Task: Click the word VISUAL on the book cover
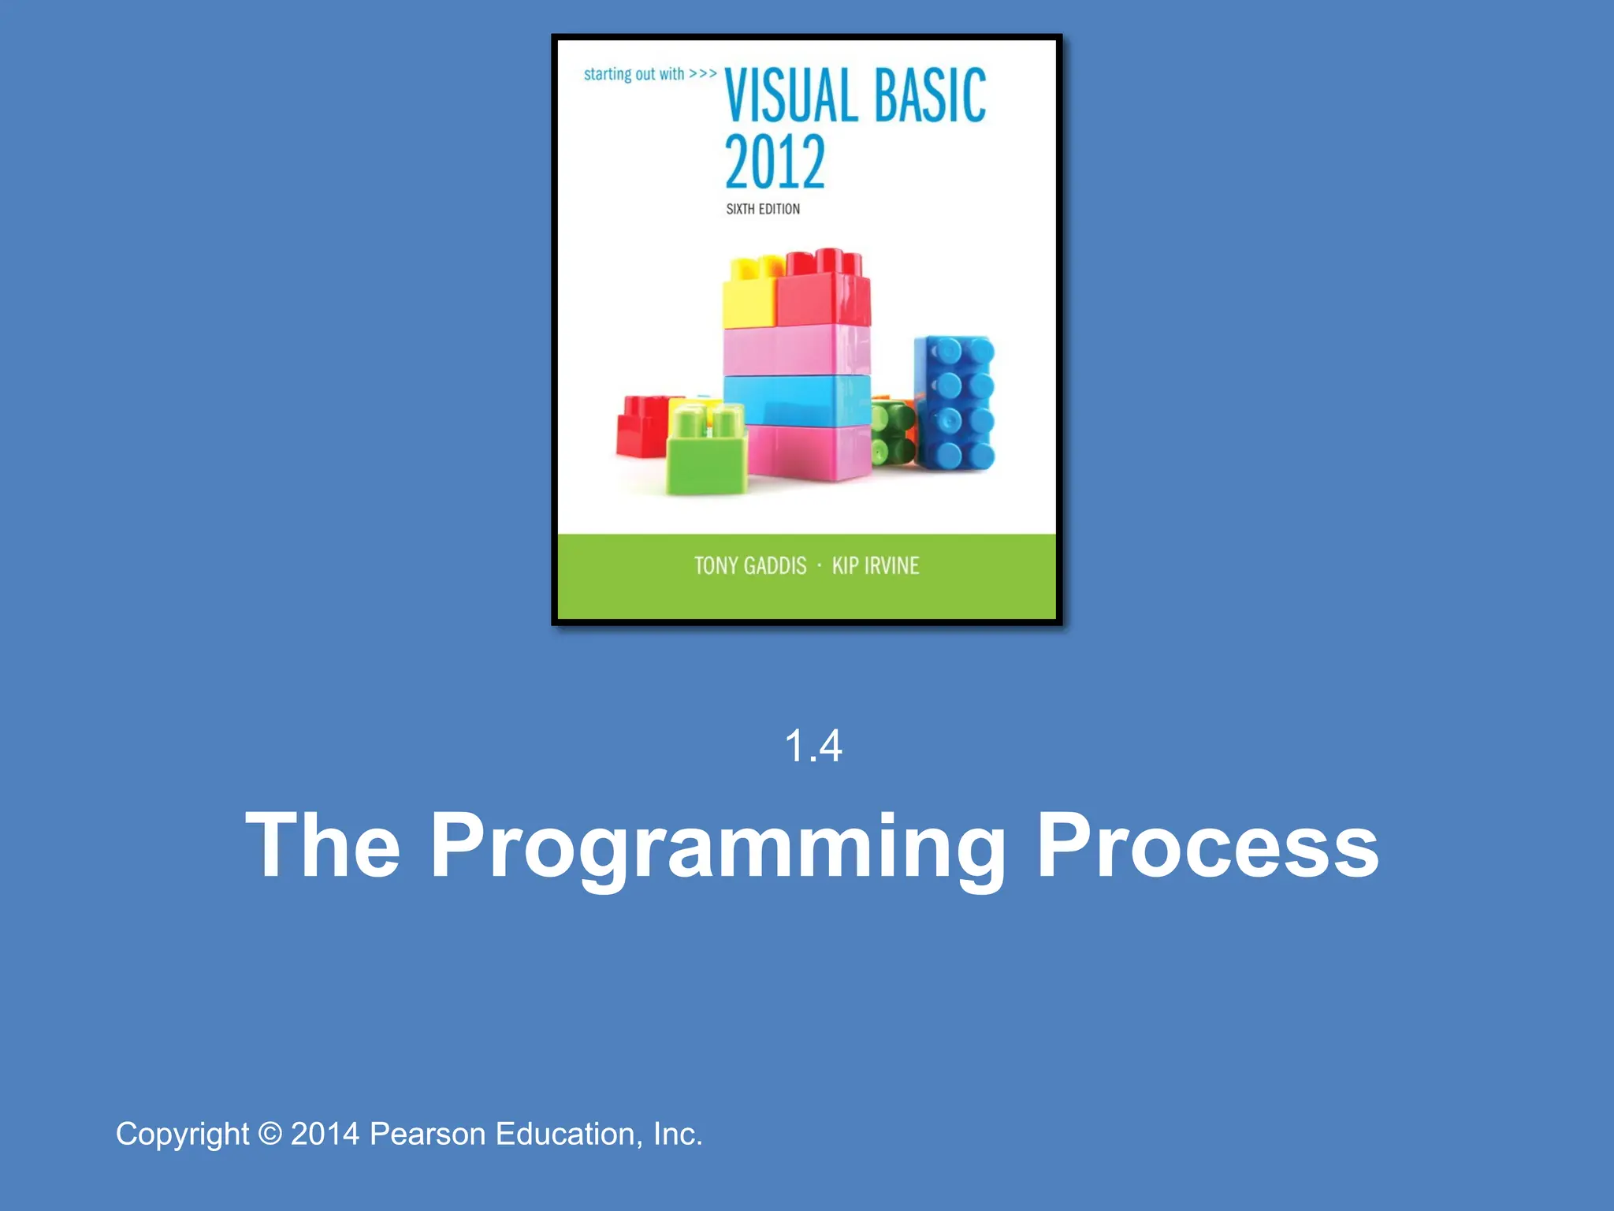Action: [791, 96]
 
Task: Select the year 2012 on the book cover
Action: [775, 162]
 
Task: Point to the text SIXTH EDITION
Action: [763, 209]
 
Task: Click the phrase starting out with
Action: [634, 74]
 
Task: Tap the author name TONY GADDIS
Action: [750, 566]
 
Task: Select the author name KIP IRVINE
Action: [876, 566]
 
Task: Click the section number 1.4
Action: [813, 746]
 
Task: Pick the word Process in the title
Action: [1207, 845]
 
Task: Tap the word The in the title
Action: [323, 845]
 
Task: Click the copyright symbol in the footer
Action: [270, 1134]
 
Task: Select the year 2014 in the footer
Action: [325, 1134]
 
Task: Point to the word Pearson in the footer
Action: [427, 1134]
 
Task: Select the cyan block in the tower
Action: [796, 401]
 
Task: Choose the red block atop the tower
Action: [824, 292]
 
